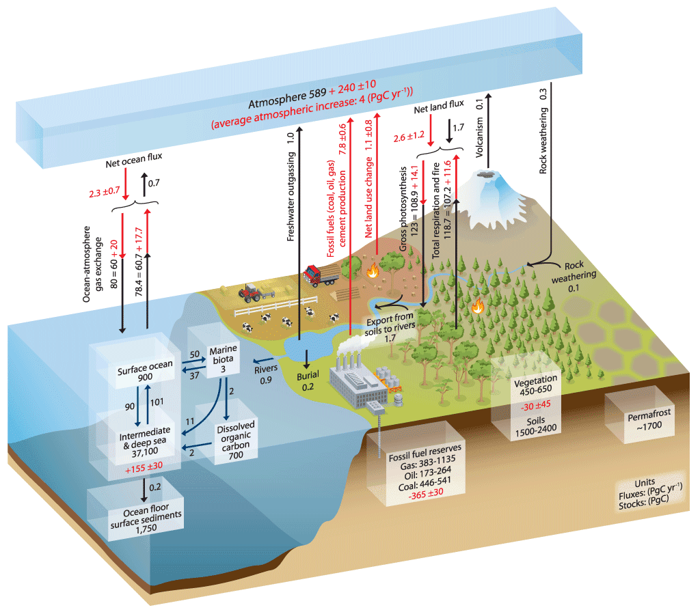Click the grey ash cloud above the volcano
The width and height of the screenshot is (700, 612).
[487, 176]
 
